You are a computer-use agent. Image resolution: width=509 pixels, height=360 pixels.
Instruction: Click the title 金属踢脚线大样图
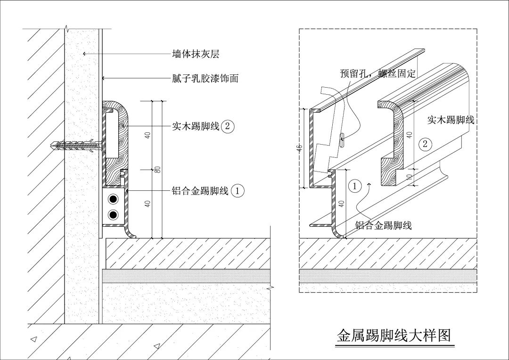394,335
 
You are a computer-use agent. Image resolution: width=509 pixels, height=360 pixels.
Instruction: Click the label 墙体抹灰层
196,54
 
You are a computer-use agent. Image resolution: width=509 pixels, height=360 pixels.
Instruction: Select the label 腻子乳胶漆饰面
205,78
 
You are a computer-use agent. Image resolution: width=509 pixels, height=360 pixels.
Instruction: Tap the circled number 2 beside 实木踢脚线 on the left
228,126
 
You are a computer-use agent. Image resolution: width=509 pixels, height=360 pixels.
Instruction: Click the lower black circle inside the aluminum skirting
113,215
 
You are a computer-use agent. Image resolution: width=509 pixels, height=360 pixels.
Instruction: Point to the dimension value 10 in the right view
410,177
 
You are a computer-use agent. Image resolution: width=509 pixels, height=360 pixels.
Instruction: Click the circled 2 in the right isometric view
425,144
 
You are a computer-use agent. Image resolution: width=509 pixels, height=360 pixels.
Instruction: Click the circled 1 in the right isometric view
355,186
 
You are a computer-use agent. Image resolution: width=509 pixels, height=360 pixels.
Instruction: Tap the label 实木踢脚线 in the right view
451,120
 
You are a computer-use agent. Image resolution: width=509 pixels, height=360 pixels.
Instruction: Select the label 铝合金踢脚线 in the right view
383,226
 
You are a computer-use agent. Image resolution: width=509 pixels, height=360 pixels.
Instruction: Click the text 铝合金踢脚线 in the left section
200,191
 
